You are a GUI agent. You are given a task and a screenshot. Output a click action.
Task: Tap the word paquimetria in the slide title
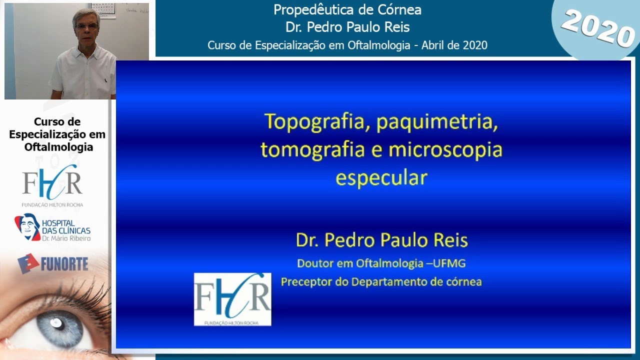point(438,122)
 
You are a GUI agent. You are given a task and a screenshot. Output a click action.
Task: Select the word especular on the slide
point(381,178)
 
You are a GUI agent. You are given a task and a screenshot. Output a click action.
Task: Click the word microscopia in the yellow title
point(445,150)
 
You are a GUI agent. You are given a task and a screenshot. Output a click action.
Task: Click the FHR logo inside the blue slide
point(232,299)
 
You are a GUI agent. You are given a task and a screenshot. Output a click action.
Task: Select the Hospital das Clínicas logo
point(52,227)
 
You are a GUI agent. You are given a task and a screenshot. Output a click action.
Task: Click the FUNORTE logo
point(52,263)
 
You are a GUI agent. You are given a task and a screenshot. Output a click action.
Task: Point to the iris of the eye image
point(59,327)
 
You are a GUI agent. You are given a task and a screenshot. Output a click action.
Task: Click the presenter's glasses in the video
point(86,26)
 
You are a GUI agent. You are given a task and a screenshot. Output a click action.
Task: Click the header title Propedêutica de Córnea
point(347,9)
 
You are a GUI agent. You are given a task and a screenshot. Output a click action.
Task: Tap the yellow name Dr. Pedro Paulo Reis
point(381,240)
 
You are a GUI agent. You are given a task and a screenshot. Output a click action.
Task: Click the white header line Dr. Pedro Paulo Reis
point(347,27)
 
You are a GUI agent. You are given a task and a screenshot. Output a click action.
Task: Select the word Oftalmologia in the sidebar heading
point(58,147)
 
